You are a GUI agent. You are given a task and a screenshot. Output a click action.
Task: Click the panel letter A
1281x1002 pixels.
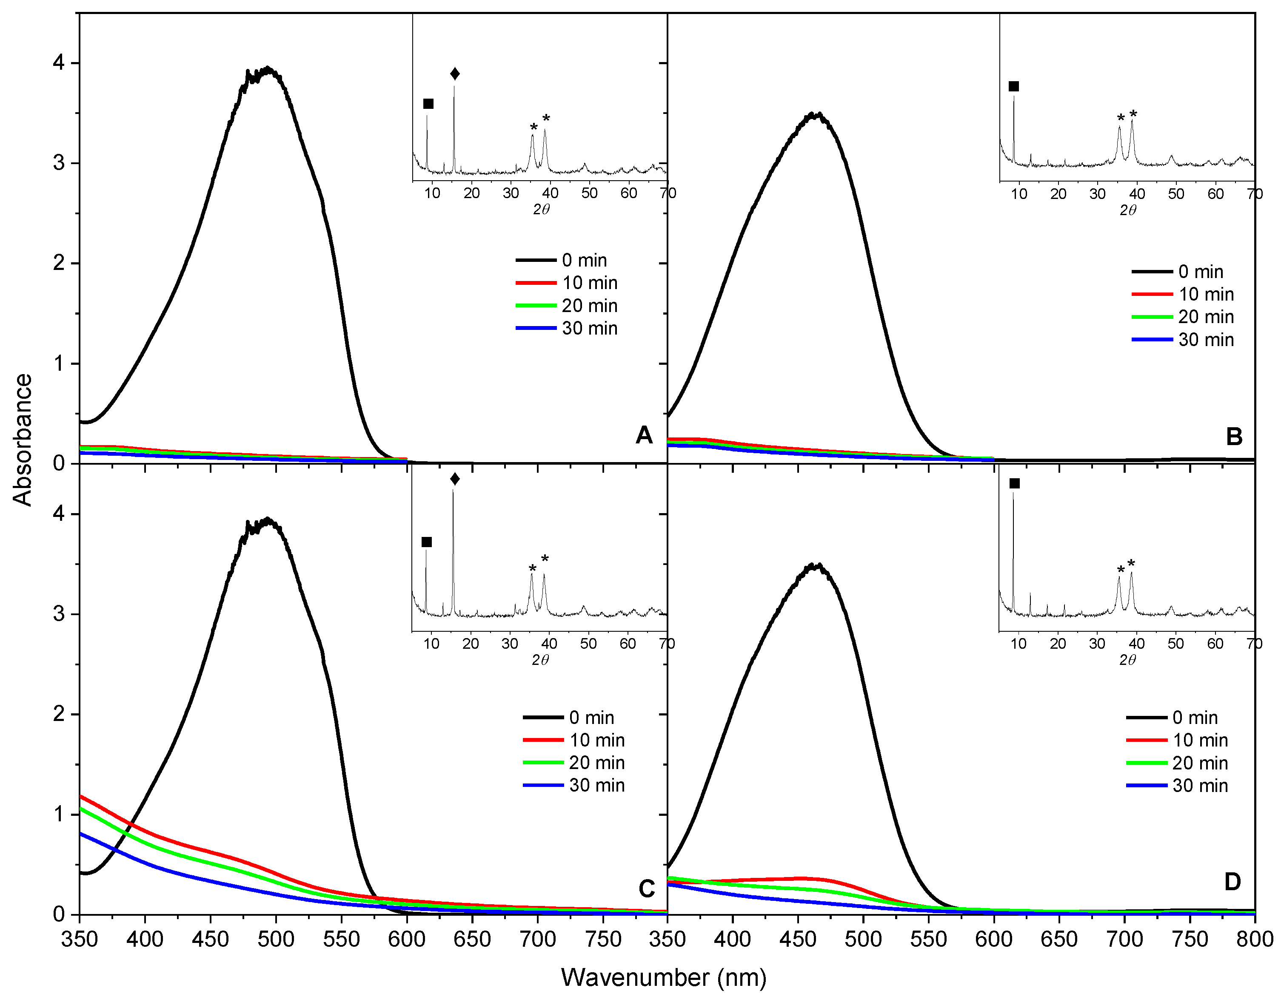tap(644, 435)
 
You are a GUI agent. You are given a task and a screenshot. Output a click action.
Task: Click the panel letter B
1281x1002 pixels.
tap(1234, 437)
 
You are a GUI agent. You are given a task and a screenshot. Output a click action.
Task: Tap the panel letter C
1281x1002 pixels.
tap(646, 889)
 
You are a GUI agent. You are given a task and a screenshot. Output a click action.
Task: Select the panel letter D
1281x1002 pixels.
tap(1232, 881)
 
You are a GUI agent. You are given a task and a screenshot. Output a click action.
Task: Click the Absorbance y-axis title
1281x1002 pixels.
tap(22, 440)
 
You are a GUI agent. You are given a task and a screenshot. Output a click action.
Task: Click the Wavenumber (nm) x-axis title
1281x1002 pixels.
tap(663, 977)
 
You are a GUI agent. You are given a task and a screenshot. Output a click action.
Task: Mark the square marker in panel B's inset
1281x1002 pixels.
tap(1013, 87)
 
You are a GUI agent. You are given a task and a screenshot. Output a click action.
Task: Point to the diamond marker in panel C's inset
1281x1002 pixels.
tap(455, 479)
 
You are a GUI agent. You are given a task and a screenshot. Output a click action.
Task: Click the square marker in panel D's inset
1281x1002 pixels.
tap(1015, 483)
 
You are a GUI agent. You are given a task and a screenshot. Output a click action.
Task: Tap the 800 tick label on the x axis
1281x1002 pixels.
tap(1255, 939)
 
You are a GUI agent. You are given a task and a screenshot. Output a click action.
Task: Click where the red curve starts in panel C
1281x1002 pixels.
tap(81, 797)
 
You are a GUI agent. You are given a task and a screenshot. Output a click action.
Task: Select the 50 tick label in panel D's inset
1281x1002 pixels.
tap(1175, 644)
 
